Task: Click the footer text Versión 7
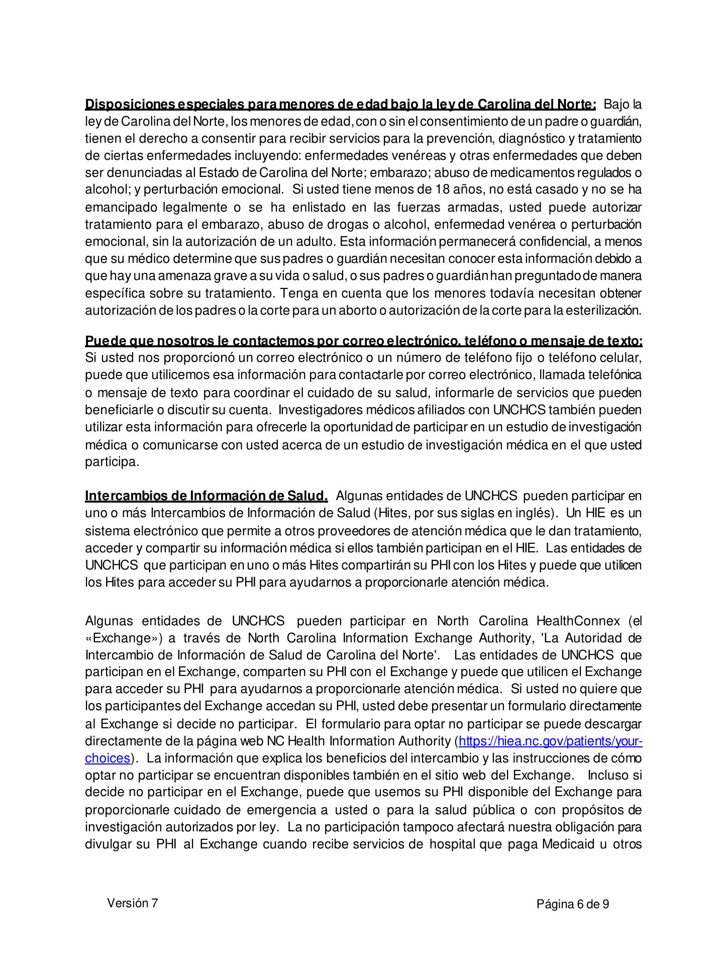point(132,903)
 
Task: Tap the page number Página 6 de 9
point(573,905)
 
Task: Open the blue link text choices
point(108,758)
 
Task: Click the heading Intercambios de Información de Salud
point(206,496)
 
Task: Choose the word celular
point(622,358)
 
